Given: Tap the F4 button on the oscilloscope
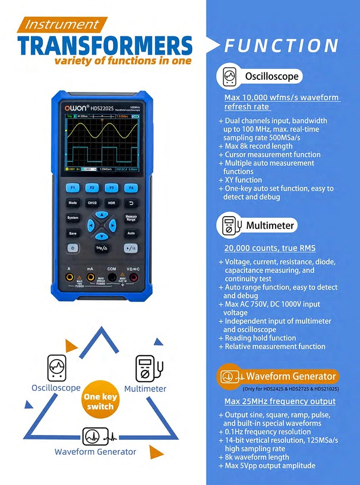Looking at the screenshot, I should tap(131, 187).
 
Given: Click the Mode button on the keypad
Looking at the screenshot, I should tap(73, 203).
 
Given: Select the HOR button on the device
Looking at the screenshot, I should tap(112, 203).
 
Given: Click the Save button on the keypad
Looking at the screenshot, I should tap(73, 233).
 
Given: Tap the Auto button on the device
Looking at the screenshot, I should tap(131, 233).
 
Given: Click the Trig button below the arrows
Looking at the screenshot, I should tap(101, 248).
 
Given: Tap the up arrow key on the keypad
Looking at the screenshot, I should tap(101, 215).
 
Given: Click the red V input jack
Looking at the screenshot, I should tap(134, 277).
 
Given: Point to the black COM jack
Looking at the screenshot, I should tap(112, 277).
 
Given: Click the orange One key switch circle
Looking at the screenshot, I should tap(100, 402).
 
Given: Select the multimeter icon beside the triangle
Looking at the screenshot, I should tap(148, 369).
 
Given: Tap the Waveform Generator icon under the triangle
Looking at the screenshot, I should tap(95, 435).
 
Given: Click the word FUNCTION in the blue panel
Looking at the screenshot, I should tap(281, 46).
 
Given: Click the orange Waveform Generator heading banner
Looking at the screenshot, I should tap(278, 376).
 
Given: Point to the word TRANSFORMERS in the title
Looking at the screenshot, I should tap(105, 45).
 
